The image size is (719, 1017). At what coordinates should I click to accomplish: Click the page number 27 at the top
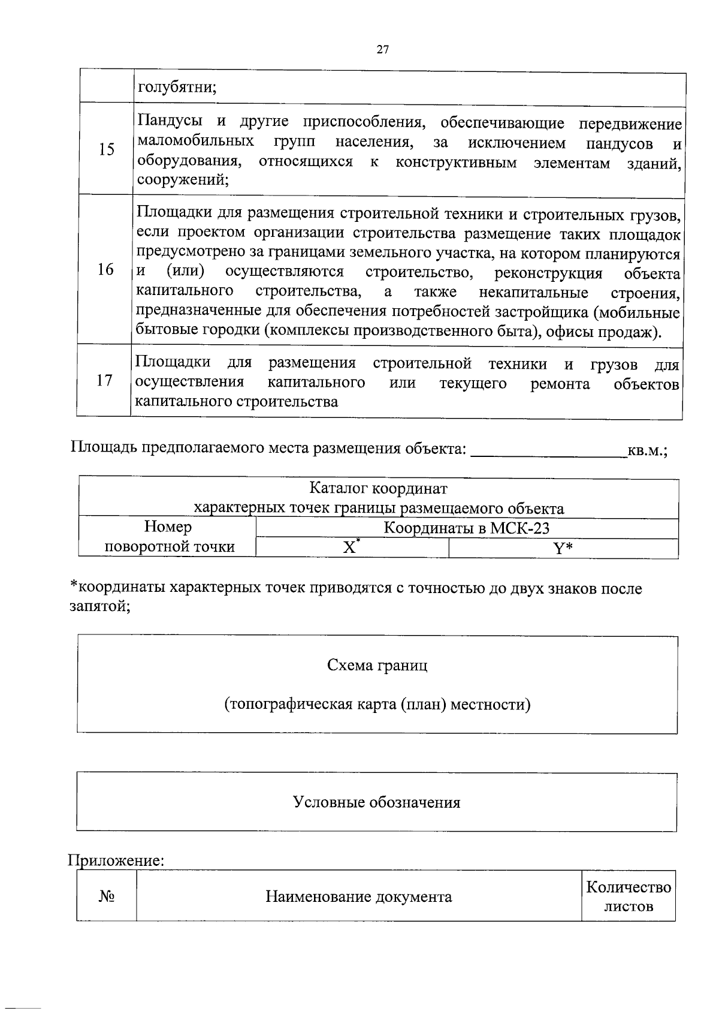[383, 50]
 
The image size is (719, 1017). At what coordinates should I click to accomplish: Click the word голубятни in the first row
[177, 87]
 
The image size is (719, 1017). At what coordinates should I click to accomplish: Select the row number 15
[106, 149]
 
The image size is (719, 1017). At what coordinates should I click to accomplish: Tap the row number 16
[105, 269]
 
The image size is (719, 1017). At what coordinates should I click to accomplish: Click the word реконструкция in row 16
[548, 273]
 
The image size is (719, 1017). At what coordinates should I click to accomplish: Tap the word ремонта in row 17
[560, 384]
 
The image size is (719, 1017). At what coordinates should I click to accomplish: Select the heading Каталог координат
[378, 489]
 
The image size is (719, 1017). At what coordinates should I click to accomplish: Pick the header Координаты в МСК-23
[466, 528]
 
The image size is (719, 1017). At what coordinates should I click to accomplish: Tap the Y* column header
[563, 548]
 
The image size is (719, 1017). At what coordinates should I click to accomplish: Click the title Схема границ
[377, 665]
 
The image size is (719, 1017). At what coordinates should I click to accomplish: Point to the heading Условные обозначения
[376, 802]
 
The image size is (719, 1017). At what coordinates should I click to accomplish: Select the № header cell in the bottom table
[107, 896]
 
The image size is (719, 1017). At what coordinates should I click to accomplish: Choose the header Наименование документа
[358, 897]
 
